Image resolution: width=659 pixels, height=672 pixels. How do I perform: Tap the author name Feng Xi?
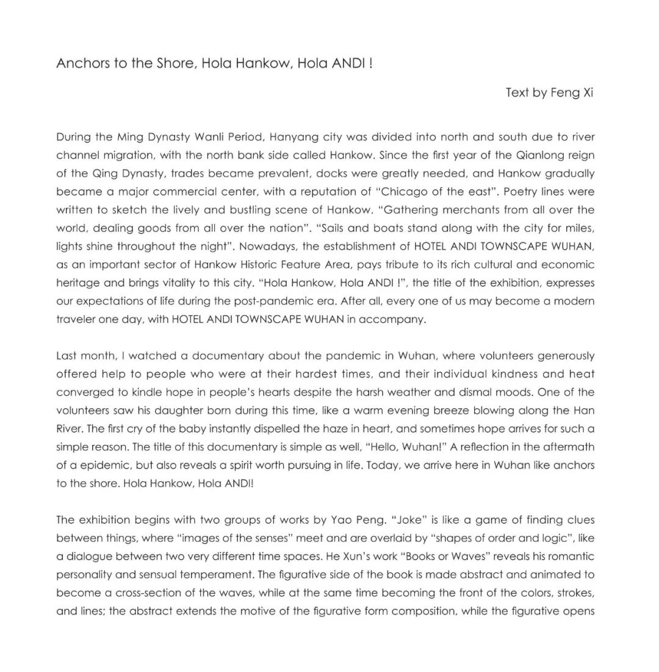(571, 93)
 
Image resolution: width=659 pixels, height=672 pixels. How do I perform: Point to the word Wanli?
(206, 137)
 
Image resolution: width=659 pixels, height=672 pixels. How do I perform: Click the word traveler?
(76, 319)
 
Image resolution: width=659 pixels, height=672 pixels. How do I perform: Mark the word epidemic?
(105, 465)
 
